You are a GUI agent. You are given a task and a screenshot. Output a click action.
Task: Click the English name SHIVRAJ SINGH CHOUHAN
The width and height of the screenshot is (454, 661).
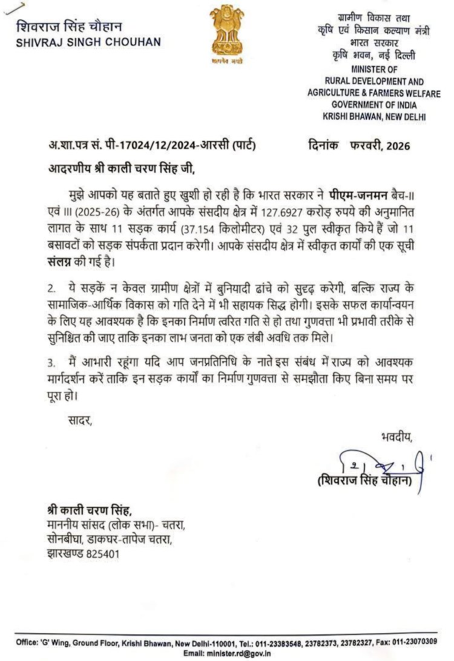(x=88, y=42)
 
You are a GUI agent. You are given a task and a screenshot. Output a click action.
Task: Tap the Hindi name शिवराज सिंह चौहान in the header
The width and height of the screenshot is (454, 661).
(x=69, y=27)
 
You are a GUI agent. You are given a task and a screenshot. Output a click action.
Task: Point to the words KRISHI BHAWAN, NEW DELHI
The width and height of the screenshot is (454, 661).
(x=375, y=116)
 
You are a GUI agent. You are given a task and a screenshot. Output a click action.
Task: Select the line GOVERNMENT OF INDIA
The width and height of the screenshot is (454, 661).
(x=374, y=104)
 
